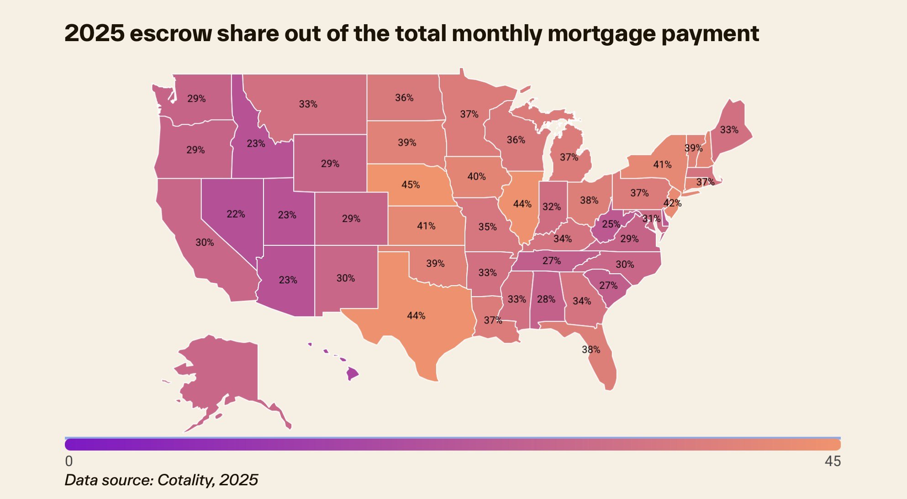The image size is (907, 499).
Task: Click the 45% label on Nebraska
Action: click(x=410, y=185)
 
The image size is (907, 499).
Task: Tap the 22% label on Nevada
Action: click(x=236, y=214)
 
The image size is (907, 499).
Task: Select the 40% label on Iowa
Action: click(x=476, y=176)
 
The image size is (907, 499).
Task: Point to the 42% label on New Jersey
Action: click(x=672, y=203)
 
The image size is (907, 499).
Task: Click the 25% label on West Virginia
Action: click(x=611, y=224)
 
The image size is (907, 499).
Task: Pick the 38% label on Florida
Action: click(x=591, y=350)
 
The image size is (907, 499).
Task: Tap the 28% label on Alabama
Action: click(x=546, y=299)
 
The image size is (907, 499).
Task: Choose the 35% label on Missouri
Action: click(x=487, y=227)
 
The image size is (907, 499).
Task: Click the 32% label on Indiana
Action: click(x=551, y=207)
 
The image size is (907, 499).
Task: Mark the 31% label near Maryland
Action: click(x=651, y=218)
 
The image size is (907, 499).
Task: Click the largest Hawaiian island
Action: click(x=352, y=374)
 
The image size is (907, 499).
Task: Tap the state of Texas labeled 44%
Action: click(x=416, y=316)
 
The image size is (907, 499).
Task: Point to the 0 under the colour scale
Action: click(x=69, y=461)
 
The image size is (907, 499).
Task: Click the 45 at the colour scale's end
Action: click(x=832, y=461)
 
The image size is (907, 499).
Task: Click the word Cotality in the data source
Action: click(x=185, y=480)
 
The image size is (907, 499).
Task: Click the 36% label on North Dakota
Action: click(x=404, y=98)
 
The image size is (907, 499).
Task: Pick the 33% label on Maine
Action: click(x=729, y=130)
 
